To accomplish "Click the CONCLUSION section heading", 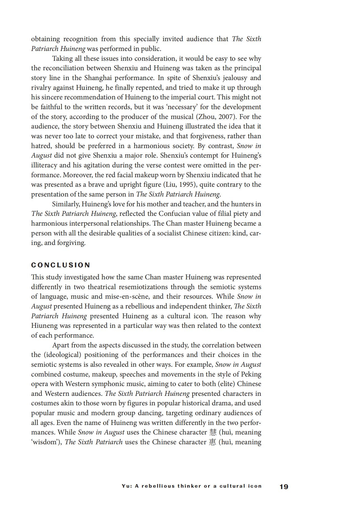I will [x=61, y=265].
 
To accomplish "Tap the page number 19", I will [x=284, y=487].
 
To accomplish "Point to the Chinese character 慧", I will [x=213, y=432].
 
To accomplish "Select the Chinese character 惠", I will [x=212, y=442].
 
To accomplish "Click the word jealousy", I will [x=235, y=78].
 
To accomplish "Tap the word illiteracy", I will [x=44, y=165].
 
